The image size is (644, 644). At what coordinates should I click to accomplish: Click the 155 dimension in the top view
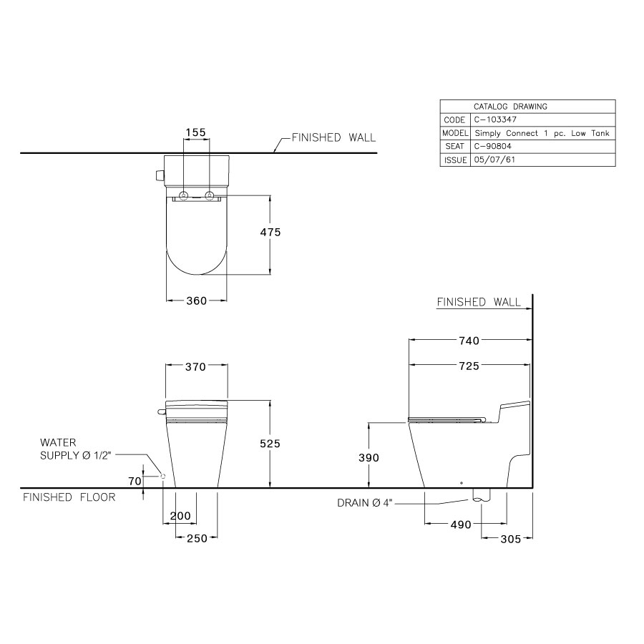195,132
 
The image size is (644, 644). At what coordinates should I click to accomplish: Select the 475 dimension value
270,233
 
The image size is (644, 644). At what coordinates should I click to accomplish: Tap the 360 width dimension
197,301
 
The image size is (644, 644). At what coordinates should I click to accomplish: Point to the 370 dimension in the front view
196,367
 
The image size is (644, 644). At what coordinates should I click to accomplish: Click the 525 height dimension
270,444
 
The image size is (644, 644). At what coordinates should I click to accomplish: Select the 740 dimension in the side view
469,341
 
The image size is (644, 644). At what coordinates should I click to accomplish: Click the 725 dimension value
469,366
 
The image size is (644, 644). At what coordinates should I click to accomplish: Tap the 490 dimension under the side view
461,525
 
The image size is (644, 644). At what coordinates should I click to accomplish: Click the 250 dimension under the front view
196,538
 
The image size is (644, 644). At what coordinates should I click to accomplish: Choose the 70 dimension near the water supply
135,482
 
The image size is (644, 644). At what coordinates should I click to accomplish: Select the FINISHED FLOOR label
69,497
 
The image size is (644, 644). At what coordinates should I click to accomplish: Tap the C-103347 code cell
494,120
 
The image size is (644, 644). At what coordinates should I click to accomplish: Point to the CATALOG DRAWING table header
510,107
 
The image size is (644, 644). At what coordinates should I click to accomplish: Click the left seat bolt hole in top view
184,196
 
